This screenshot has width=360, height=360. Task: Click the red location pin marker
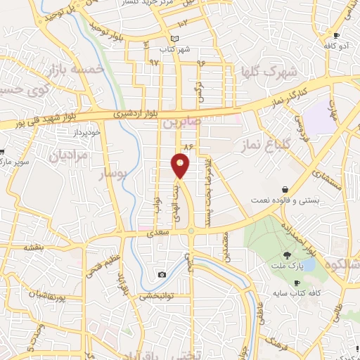click(x=181, y=165)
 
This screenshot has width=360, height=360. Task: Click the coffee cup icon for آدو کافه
click(x=337, y=36)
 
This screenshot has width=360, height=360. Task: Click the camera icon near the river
click(x=162, y=274)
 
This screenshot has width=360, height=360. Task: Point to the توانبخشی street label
click(x=158, y=296)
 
